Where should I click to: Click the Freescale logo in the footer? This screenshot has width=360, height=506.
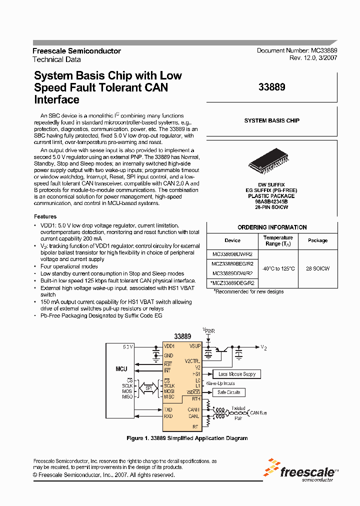301,471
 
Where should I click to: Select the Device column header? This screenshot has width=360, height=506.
232,240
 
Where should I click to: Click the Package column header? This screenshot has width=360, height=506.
317,240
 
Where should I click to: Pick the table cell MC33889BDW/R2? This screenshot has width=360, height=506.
232,254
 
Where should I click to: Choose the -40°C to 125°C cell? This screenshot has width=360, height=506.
278,268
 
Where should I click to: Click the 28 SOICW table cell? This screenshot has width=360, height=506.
317,268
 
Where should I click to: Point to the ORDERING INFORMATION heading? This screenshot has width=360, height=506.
272,227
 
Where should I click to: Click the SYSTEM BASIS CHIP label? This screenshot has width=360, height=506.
272,120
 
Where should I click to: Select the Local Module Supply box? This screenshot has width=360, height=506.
236,374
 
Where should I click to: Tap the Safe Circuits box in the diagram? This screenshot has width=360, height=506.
229,392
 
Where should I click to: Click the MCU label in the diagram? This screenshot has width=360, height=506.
121,369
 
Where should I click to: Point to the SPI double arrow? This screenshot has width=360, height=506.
148,388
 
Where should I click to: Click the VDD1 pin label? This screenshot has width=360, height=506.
169,346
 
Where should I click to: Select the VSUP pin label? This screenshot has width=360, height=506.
195,346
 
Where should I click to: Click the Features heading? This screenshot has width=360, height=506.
45,216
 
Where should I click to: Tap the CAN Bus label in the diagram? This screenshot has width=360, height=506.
258,413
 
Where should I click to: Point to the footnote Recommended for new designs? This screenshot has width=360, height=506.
248,291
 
